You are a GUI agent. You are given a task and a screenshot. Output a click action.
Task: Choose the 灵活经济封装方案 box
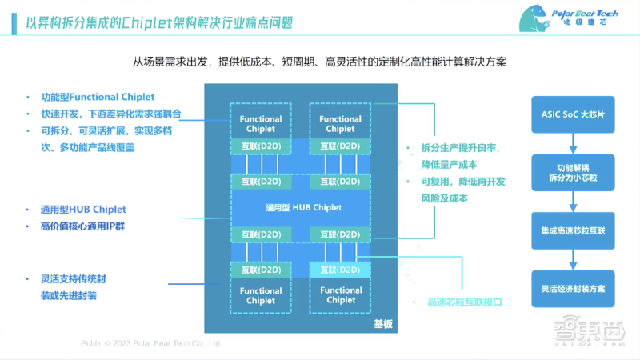pyautogui.click(x=573, y=288)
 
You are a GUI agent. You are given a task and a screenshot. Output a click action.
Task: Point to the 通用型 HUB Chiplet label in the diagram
pyautogui.click(x=303, y=207)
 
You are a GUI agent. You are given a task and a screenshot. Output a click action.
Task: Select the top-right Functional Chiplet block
pyautogui.click(x=340, y=123)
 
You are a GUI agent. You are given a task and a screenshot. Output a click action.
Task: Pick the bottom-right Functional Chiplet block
pyautogui.click(x=340, y=295)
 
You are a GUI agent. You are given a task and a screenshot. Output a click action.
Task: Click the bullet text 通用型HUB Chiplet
pyautogui.click(x=83, y=210)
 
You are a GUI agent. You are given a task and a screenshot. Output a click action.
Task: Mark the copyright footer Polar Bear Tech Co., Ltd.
pyautogui.click(x=150, y=343)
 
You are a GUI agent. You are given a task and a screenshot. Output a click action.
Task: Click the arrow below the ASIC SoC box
pyautogui.click(x=573, y=142)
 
